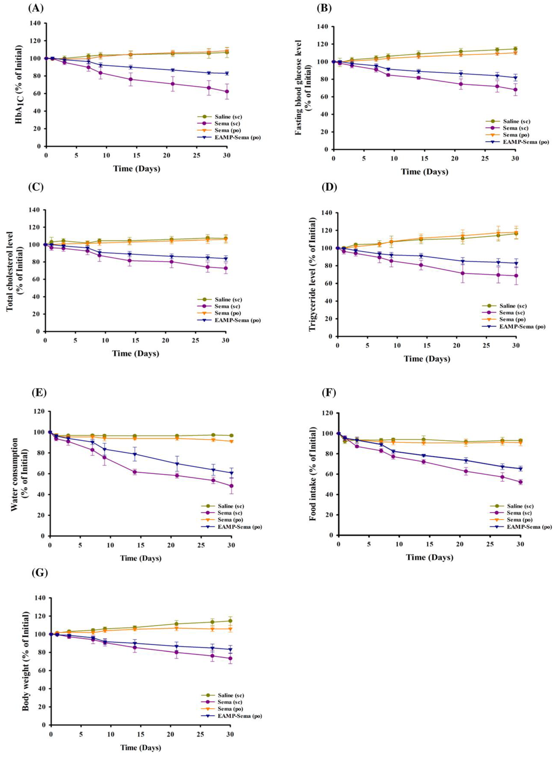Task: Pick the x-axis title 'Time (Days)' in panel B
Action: [x=425, y=172]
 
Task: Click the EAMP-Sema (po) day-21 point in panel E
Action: [x=177, y=464]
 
